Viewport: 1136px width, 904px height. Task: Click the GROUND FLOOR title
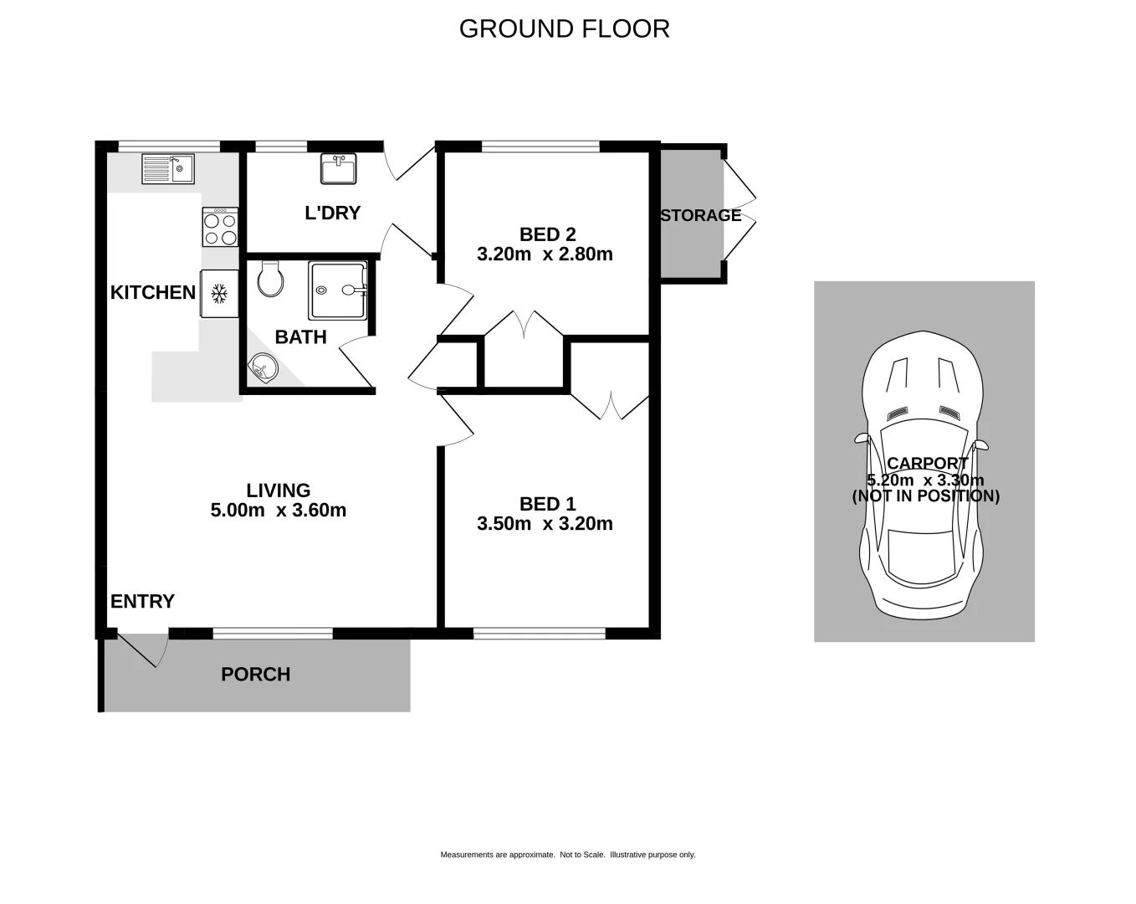[x=564, y=28]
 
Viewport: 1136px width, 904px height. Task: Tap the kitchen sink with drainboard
[x=167, y=168]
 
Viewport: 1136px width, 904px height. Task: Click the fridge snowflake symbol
[x=220, y=293]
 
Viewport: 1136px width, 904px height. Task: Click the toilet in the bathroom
[x=270, y=279]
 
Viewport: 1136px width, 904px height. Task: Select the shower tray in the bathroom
[x=337, y=290]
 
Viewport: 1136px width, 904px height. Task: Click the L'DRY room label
[x=332, y=213]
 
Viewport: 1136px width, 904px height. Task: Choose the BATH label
[x=300, y=336]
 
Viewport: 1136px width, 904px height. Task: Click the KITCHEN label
[x=153, y=292]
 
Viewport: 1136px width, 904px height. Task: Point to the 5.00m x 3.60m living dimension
[x=278, y=511]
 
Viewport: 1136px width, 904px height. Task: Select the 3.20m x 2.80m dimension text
[x=545, y=254]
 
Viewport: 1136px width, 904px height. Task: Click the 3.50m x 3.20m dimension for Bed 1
[x=545, y=524]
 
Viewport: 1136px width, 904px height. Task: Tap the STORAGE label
[x=700, y=215]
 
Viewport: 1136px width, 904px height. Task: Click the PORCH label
[x=255, y=674]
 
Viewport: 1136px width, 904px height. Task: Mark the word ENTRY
[x=142, y=601]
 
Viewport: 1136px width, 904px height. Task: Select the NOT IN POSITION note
[x=925, y=496]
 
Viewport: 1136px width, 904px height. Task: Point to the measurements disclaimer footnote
[x=567, y=855]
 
